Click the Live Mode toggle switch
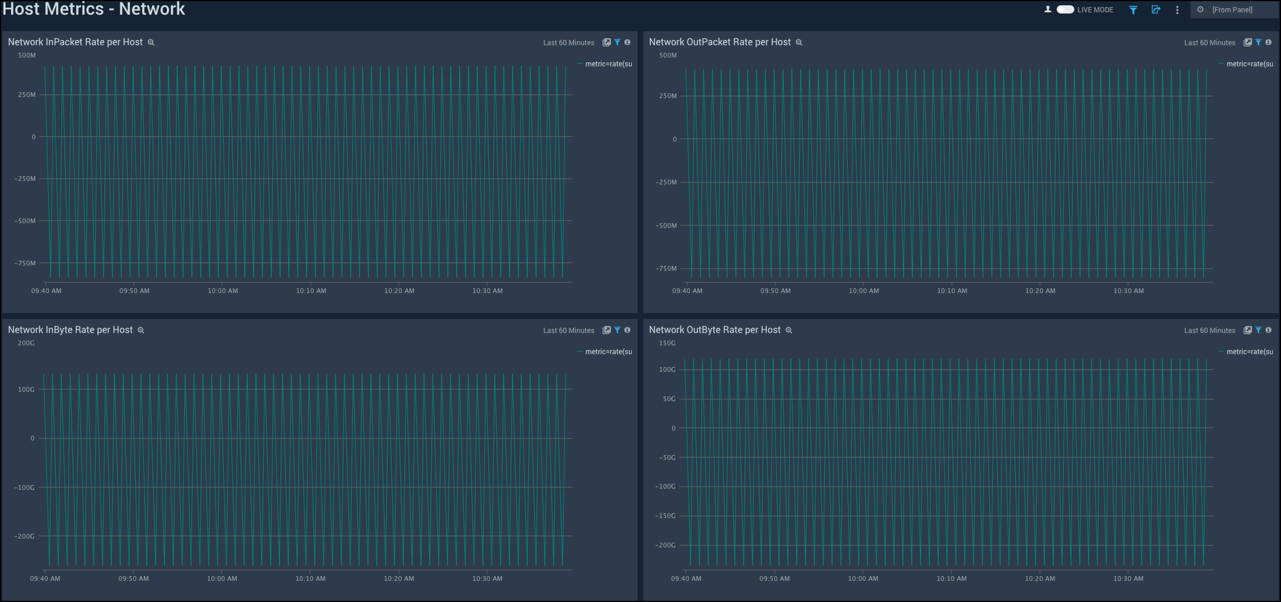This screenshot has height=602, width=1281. point(1065,9)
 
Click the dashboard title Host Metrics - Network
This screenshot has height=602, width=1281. point(94,9)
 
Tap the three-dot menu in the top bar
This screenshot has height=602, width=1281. point(1177,10)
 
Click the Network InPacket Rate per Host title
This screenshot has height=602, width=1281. point(75,42)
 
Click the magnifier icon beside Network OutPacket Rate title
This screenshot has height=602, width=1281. point(799,43)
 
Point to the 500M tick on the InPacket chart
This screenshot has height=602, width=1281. point(27,56)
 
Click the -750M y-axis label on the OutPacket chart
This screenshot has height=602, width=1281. point(666,268)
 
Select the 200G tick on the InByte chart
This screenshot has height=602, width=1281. point(26,344)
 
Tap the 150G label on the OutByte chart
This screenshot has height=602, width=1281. point(668,344)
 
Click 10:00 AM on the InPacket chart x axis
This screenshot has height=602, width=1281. point(223,291)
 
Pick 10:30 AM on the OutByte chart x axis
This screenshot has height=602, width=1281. point(1128,579)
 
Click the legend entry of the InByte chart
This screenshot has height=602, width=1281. point(608,352)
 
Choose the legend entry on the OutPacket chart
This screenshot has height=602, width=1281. point(1249,64)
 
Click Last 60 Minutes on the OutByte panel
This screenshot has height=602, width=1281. point(1209,331)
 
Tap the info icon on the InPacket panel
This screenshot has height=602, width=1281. point(628,42)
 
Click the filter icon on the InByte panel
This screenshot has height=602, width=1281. point(618,330)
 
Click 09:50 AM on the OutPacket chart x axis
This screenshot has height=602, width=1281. point(776,291)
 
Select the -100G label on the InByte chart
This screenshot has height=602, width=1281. point(25,487)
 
